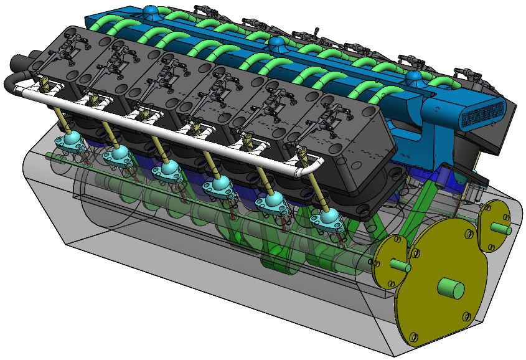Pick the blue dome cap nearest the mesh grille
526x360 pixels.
(413, 77)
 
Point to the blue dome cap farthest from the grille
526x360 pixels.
(149, 11)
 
